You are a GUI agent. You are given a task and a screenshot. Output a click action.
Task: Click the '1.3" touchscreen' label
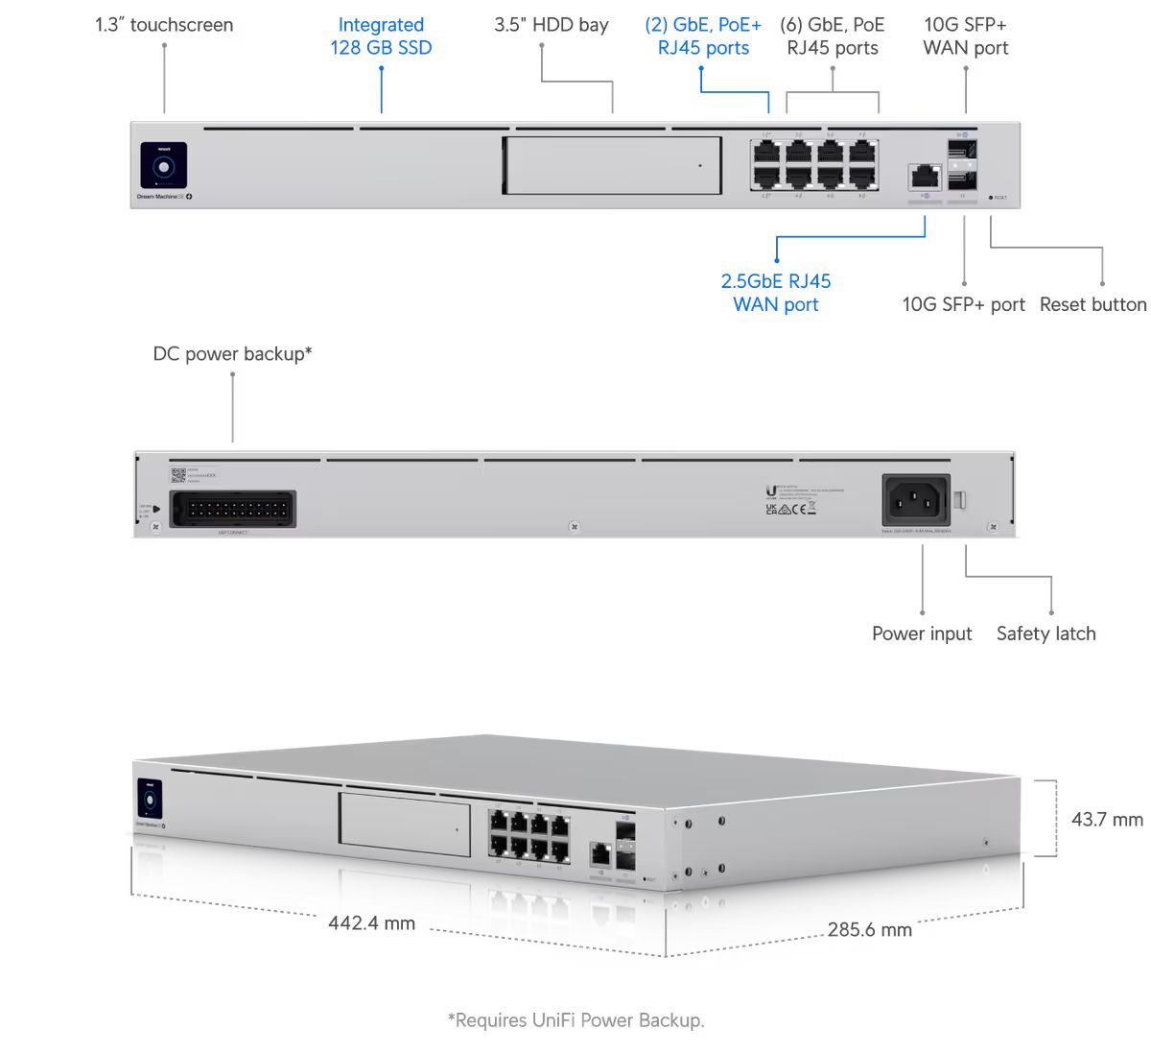click(164, 25)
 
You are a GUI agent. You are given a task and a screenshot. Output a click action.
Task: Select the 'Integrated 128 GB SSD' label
click(381, 36)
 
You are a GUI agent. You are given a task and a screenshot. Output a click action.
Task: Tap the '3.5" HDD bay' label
click(552, 25)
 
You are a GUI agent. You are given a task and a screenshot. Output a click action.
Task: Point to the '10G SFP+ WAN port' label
click(965, 36)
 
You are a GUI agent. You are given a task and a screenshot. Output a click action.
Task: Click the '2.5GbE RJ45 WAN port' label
click(775, 293)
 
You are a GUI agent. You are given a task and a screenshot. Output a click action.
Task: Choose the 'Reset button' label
click(1092, 304)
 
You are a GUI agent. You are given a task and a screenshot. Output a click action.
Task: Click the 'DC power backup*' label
click(232, 354)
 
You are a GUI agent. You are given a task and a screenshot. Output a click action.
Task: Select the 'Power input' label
click(921, 634)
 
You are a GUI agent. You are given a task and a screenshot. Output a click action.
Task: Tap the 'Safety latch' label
click(1045, 634)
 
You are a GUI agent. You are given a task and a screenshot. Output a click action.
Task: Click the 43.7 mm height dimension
click(1107, 820)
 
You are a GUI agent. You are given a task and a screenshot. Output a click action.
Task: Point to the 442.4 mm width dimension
click(371, 923)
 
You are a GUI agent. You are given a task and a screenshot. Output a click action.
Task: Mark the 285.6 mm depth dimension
click(869, 929)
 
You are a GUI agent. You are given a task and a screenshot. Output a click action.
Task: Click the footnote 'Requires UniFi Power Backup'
click(575, 1020)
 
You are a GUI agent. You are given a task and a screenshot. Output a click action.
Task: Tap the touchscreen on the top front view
click(164, 166)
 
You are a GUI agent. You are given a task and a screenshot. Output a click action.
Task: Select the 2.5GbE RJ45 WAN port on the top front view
click(925, 177)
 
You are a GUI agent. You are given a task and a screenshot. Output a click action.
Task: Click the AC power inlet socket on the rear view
click(916, 499)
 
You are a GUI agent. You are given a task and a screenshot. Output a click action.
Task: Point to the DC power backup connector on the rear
click(233, 510)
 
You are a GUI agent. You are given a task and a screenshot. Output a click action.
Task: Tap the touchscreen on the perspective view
click(149, 801)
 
